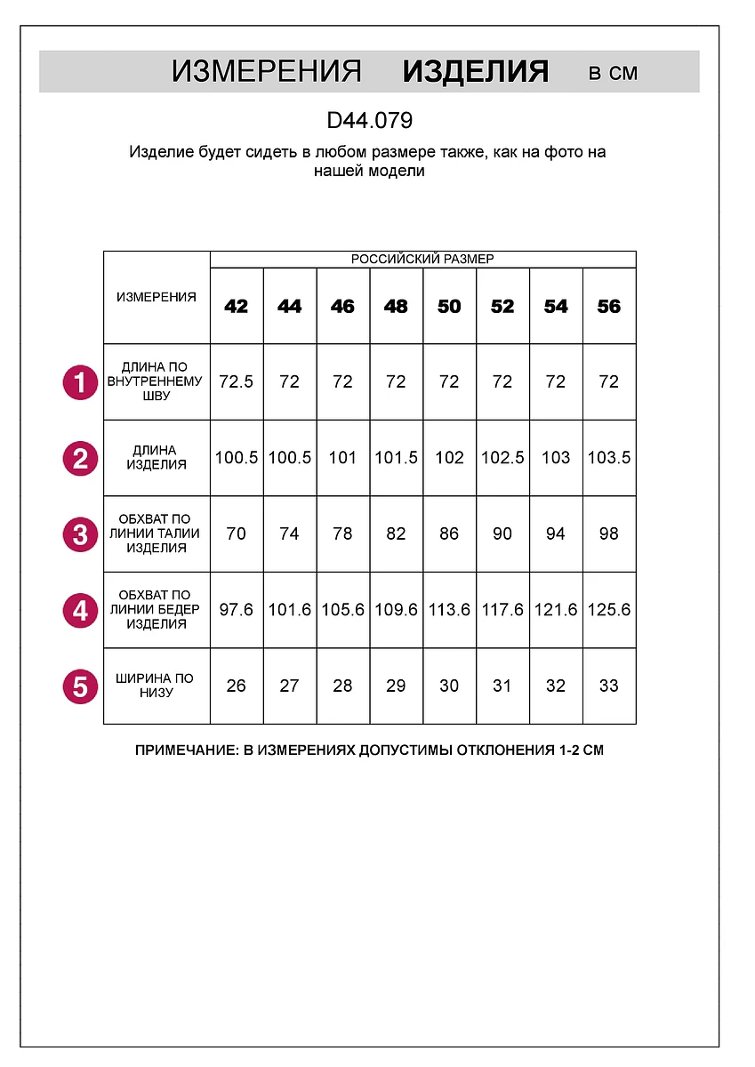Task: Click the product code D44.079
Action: click(x=369, y=120)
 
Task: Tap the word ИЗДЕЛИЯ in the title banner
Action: click(x=475, y=72)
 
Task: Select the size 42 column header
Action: click(x=237, y=307)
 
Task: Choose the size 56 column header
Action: click(x=609, y=307)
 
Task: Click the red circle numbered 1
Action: click(x=80, y=383)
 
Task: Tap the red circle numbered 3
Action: click(x=80, y=535)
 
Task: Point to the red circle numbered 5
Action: click(x=80, y=687)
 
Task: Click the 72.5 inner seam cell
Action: click(x=237, y=382)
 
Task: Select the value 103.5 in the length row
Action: click(x=609, y=458)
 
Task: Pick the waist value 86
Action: click(x=449, y=534)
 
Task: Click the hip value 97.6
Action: click(x=237, y=610)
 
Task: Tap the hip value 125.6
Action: click(x=609, y=610)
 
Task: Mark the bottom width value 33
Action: click(x=609, y=686)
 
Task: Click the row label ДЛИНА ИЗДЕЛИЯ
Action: click(x=157, y=458)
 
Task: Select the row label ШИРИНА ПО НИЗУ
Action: click(x=157, y=686)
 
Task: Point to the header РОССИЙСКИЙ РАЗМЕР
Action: click(x=422, y=260)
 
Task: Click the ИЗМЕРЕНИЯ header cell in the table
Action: click(x=157, y=297)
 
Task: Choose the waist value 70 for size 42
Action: click(x=237, y=534)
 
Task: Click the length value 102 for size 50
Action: click(x=449, y=458)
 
